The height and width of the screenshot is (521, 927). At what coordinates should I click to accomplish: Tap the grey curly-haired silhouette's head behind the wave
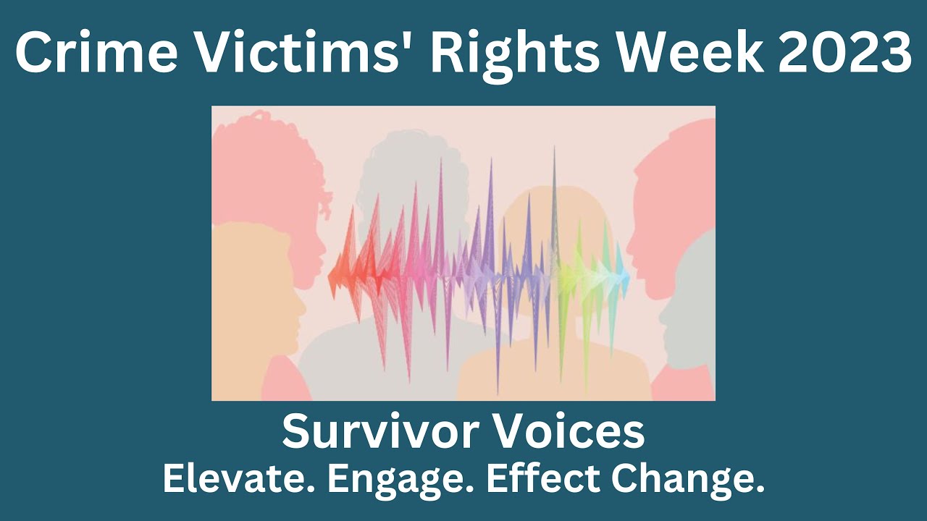[x=406, y=174]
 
